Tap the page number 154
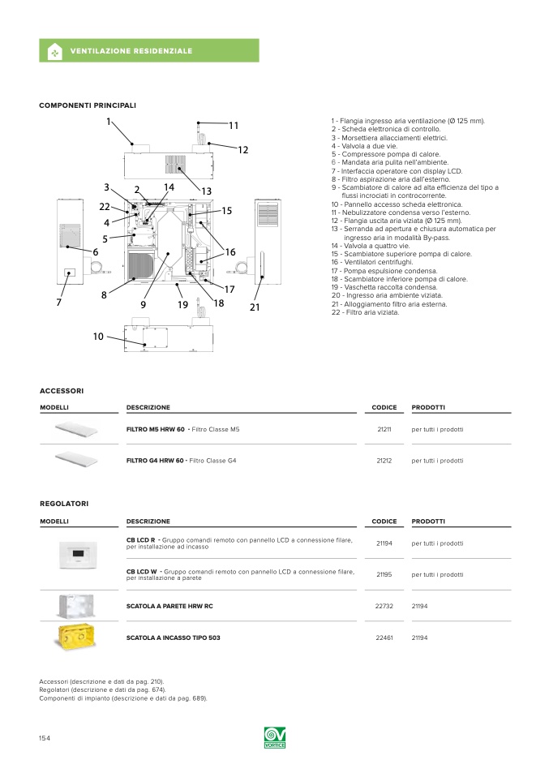click(45, 737)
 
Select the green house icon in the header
click(54, 51)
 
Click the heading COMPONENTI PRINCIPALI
click(88, 105)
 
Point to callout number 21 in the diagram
click(255, 307)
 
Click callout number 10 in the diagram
click(98, 336)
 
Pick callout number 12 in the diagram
click(242, 150)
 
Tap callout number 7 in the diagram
click(58, 302)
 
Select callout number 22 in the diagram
click(105, 207)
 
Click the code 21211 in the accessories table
click(384, 429)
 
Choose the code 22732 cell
click(384, 606)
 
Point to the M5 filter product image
click(76, 428)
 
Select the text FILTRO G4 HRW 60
click(156, 461)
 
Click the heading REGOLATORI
click(64, 504)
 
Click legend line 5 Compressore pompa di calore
click(386, 154)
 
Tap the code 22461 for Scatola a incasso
click(384, 637)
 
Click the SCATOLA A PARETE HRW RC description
click(169, 606)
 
